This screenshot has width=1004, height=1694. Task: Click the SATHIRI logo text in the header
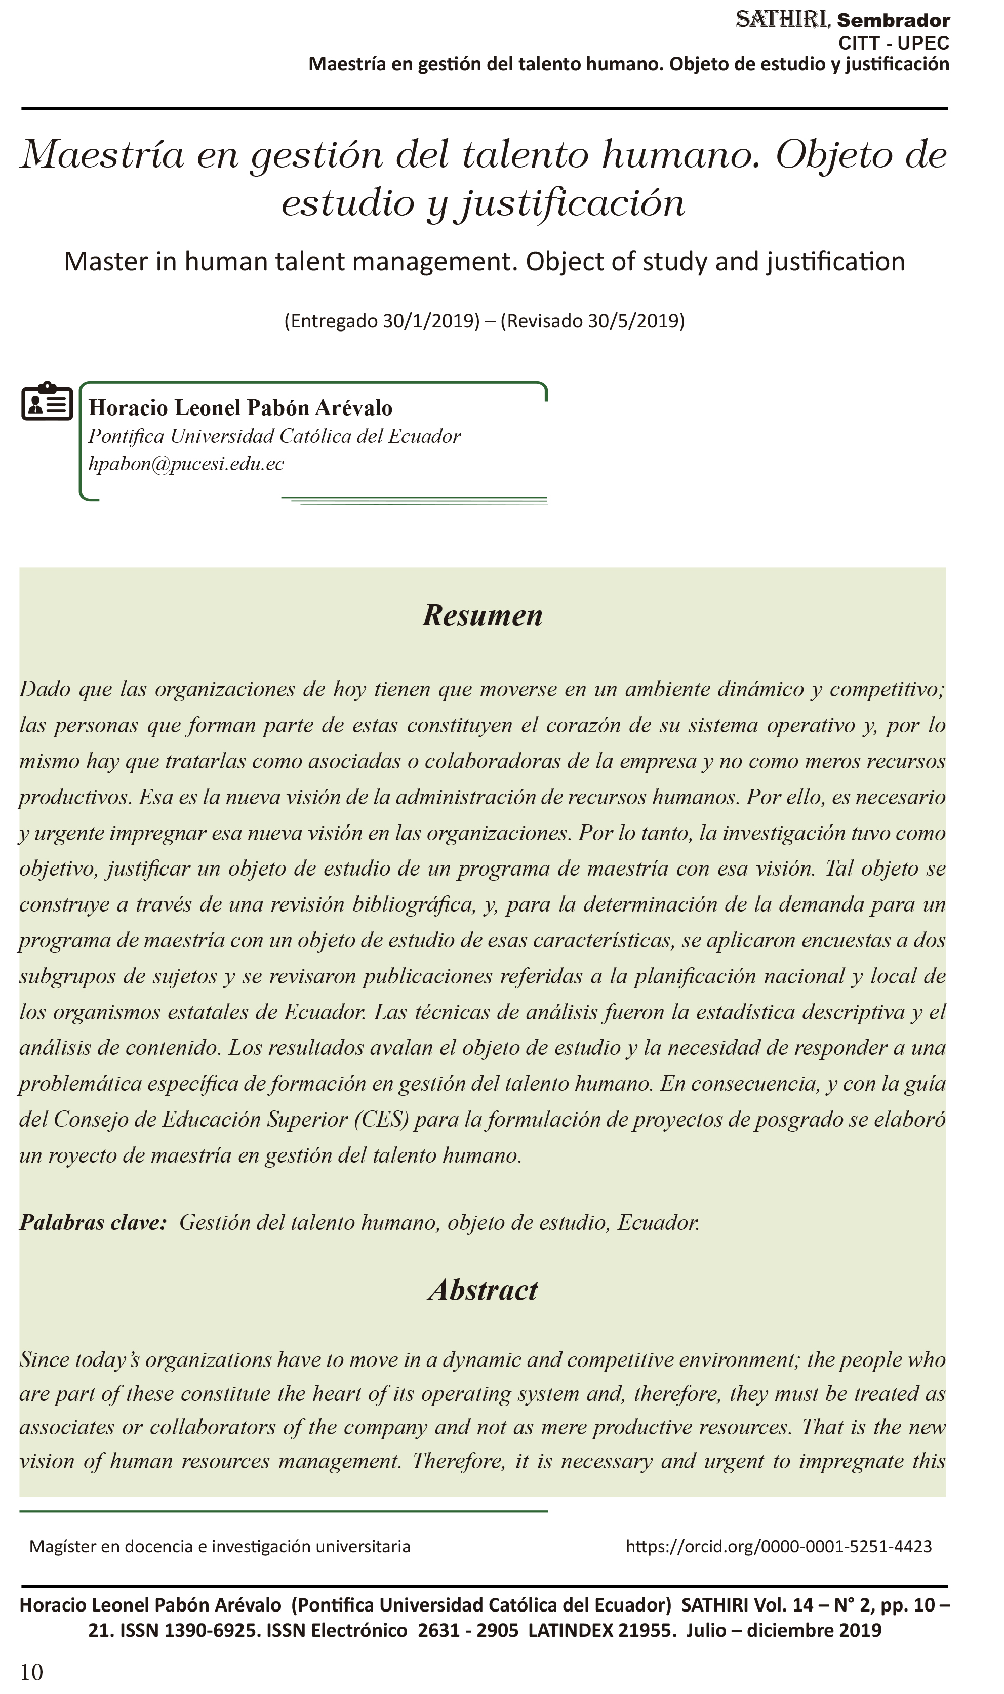(781, 20)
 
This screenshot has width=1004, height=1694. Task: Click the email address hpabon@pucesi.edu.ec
(186, 464)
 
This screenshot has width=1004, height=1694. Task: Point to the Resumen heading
(483, 615)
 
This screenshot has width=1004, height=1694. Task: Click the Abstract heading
(483, 1290)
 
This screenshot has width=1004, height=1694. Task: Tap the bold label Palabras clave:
(93, 1223)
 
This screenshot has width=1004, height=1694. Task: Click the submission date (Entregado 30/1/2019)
(382, 320)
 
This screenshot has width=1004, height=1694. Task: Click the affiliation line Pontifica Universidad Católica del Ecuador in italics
(275, 436)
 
